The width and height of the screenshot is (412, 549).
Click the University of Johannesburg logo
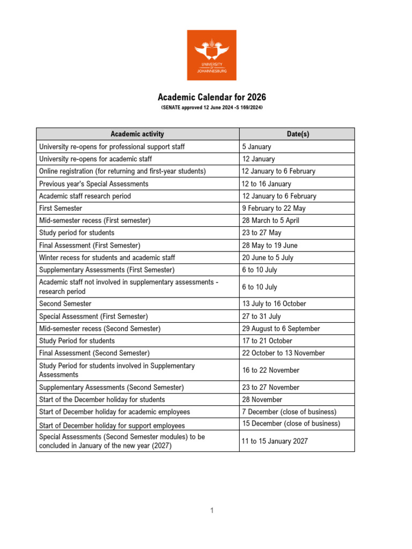(x=211, y=55)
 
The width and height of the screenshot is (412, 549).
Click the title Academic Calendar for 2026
(x=211, y=97)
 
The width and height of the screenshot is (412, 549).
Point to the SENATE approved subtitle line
(x=211, y=108)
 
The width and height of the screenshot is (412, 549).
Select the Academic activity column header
(x=137, y=134)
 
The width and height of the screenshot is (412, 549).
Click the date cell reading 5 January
(x=256, y=146)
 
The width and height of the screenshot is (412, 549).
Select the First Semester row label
(x=61, y=208)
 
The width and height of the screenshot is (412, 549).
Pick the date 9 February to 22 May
(x=273, y=208)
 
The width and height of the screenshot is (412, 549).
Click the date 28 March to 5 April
(x=270, y=220)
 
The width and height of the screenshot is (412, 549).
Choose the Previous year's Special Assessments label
(x=94, y=183)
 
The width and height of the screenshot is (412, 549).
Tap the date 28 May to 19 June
(x=269, y=245)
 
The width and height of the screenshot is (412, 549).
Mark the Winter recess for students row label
(x=107, y=257)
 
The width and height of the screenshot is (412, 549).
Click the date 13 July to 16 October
(x=274, y=303)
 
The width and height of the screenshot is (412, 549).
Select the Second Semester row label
(x=65, y=303)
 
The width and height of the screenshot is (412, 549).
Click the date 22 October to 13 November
(x=283, y=353)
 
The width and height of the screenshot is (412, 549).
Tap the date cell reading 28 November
(x=262, y=399)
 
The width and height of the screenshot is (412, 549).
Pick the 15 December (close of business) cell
(x=291, y=424)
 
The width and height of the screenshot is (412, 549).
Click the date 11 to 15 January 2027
(x=275, y=441)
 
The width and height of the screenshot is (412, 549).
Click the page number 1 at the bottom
(x=212, y=510)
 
